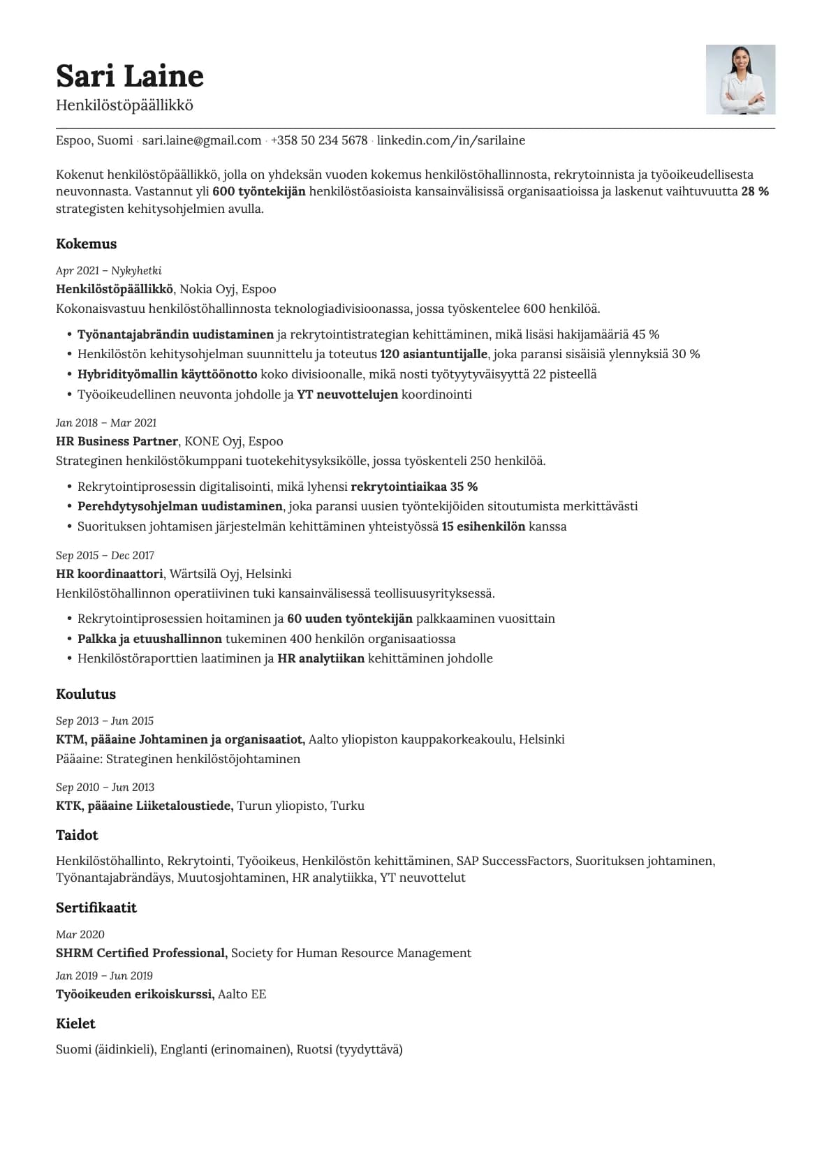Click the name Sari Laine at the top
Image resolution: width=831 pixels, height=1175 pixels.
point(129,75)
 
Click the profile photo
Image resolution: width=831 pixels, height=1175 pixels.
point(740,80)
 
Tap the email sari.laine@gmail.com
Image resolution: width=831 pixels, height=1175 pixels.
point(201,140)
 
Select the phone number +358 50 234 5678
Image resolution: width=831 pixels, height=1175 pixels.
point(318,140)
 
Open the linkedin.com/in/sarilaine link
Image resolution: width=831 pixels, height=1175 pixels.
point(450,140)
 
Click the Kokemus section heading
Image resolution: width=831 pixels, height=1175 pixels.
point(86,244)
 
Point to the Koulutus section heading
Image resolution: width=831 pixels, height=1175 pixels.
point(85,694)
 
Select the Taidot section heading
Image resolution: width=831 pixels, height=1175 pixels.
point(77,835)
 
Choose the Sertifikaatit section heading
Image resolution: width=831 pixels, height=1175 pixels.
point(96,908)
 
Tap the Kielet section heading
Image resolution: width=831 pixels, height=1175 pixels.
point(75,1023)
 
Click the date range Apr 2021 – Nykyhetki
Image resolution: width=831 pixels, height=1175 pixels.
point(108,270)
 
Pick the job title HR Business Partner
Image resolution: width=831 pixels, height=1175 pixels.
point(117,441)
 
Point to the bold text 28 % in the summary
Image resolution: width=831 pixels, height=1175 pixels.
point(754,191)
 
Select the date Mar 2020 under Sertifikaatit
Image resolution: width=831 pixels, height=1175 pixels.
point(80,934)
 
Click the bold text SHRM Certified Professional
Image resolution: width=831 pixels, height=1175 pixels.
point(141,953)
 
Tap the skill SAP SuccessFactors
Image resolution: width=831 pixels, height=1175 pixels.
point(513,861)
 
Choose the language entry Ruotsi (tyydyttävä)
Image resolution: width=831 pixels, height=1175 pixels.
point(349,1049)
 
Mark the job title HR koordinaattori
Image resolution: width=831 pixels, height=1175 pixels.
point(109,574)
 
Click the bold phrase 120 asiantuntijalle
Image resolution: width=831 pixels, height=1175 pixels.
point(434,354)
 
